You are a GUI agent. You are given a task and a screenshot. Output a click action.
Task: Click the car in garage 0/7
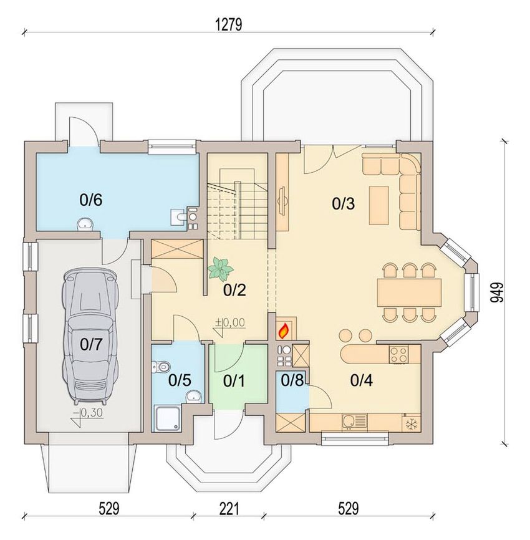pyautogui.click(x=90, y=335)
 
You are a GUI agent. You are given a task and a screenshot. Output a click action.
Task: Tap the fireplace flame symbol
pyautogui.click(x=283, y=330)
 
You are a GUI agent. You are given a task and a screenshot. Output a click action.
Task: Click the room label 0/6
pyautogui.click(x=91, y=200)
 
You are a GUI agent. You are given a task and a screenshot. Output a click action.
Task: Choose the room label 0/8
pyautogui.click(x=292, y=380)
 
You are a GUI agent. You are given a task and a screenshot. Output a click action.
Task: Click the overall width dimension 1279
pyautogui.click(x=229, y=24)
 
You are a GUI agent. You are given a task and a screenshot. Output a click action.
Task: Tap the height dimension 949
pyautogui.click(x=496, y=292)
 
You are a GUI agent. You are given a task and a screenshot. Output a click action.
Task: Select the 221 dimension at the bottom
pyautogui.click(x=229, y=508)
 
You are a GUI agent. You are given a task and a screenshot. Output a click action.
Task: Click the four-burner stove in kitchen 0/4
pyautogui.click(x=398, y=355)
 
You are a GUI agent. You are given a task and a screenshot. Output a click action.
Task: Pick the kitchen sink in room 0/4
pyautogui.click(x=355, y=423)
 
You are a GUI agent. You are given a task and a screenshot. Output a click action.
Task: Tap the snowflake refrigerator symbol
pyautogui.click(x=411, y=424)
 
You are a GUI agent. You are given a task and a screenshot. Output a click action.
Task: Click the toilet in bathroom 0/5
pyautogui.click(x=160, y=366)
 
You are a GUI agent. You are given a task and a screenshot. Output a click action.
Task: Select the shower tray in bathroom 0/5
pyautogui.click(x=167, y=418)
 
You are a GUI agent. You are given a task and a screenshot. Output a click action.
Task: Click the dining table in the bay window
pyautogui.click(x=409, y=292)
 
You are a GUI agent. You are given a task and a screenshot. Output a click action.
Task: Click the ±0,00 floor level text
pyautogui.click(x=230, y=323)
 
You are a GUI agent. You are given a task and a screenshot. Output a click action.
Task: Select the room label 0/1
pyautogui.click(x=234, y=380)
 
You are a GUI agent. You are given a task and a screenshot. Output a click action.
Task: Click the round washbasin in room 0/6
pyautogui.click(x=85, y=224)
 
